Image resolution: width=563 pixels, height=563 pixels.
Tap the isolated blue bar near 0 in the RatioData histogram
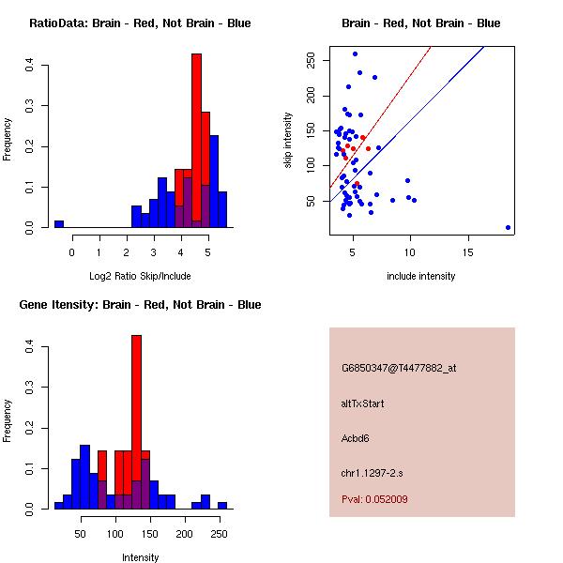coord(59,224)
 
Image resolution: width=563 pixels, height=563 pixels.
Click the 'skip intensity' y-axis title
coord(289,141)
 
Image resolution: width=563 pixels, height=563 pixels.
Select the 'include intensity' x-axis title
coord(421,276)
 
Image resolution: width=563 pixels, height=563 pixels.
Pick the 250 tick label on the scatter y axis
coord(312,60)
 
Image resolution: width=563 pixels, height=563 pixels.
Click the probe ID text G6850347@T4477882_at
coord(399,369)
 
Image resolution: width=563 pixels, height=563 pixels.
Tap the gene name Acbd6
coord(357,438)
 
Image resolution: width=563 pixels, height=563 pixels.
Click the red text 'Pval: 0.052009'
coord(374,499)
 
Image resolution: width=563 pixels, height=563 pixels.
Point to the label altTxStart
coord(363,403)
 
